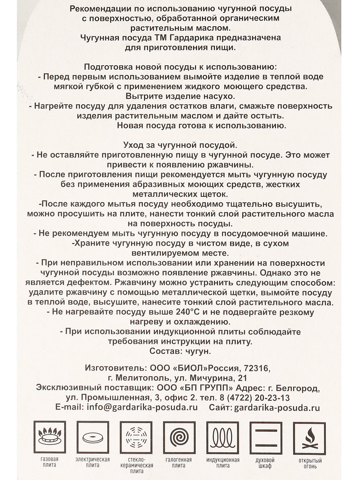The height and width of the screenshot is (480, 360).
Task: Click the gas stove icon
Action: tap(50, 437)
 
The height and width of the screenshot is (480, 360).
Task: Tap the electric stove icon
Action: tap(93, 437)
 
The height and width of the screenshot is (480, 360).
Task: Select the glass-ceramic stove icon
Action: tap(136, 437)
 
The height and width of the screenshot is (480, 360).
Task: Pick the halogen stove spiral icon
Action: tap(179, 437)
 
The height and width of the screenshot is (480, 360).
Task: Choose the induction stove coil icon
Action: tap(223, 437)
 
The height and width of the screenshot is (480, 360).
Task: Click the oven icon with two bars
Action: tap(266, 437)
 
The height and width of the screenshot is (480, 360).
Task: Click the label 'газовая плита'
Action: tap(49, 462)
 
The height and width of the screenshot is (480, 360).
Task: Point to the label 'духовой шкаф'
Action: tap(265, 463)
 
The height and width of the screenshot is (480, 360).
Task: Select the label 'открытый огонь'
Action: tap(310, 463)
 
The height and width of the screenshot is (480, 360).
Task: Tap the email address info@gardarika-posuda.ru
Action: tap(142, 408)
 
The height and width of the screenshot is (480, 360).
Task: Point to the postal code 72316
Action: tap(256, 368)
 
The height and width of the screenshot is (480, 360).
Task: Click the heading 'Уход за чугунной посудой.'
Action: tap(180, 145)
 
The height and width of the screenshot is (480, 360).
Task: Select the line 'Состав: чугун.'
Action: tap(180, 351)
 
